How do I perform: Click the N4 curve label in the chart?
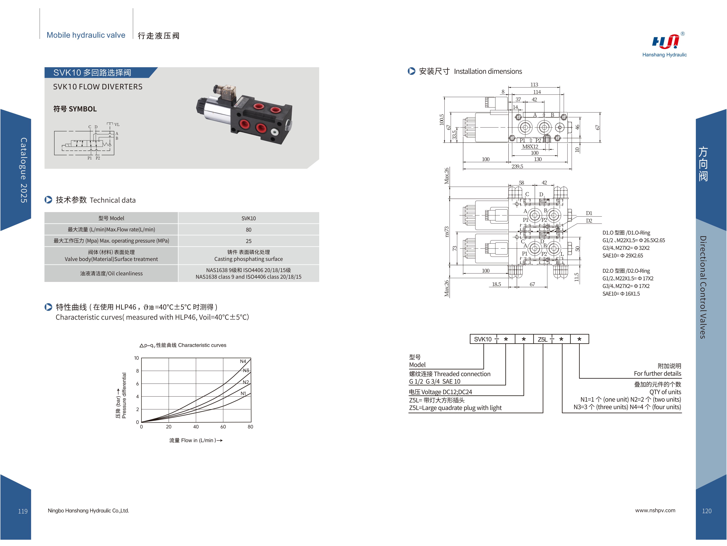pos(243,361)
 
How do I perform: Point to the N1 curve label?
pos(243,393)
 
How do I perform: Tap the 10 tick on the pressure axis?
pos(136,358)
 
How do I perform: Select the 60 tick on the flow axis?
pos(223,427)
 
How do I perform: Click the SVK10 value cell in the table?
pos(248,218)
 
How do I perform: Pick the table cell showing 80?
pos(248,230)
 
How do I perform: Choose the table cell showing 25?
pos(248,241)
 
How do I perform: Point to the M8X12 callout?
pos(530,147)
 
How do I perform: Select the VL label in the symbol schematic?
pos(117,125)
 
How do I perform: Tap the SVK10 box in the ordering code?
pos(482,339)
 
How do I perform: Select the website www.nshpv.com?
pos(655,510)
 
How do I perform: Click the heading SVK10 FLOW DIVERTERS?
pos(98,87)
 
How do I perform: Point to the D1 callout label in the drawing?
pos(589,213)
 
